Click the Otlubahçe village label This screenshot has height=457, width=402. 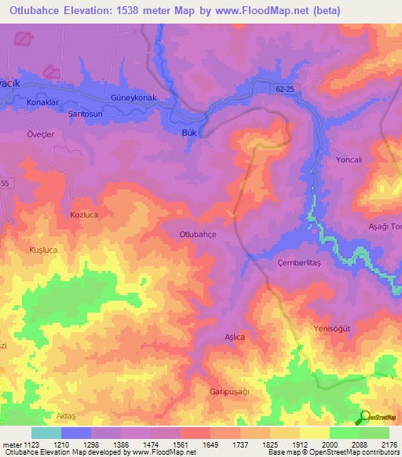tap(198, 234)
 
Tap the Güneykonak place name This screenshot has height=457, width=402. tap(134, 97)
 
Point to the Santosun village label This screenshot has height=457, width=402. tap(86, 114)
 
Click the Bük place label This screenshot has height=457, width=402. tap(188, 133)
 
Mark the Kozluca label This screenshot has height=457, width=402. tap(84, 214)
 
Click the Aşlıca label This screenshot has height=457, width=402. tap(236, 337)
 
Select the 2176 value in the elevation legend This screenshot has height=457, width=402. tap(389, 444)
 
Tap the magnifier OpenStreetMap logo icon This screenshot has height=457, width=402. tap(364, 417)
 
